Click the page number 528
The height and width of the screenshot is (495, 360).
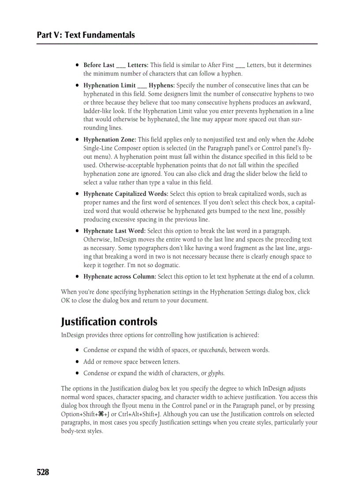point(43,472)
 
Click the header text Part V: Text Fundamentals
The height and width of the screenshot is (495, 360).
point(86,35)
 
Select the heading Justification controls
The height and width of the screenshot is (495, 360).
point(109,321)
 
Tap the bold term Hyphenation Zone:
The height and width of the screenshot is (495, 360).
point(109,140)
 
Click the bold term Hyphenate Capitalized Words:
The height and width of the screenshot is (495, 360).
point(125,194)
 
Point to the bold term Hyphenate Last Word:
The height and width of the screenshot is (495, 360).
point(114,231)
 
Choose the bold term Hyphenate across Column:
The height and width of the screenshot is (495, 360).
point(120,277)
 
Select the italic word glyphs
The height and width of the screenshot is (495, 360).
point(216,373)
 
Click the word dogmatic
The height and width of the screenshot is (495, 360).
point(166,265)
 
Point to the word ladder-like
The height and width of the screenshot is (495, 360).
point(98,111)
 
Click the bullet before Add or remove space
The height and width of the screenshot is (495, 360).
point(77,362)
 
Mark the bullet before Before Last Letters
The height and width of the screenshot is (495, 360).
point(77,65)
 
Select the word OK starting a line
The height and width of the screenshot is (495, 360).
point(65,301)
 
